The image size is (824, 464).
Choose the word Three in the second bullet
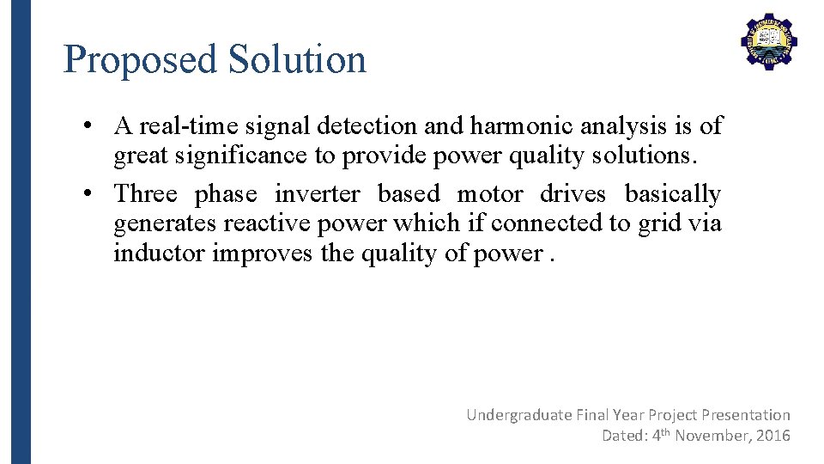146,194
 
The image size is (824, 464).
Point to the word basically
673,194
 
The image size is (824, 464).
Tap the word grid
658,223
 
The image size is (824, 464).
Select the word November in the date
714,436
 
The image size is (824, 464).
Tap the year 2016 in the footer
773,436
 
